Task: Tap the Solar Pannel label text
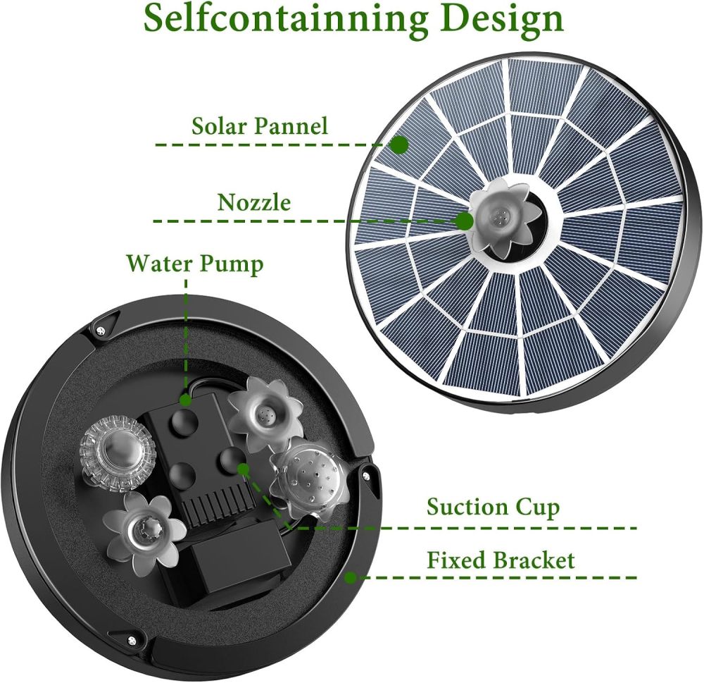tap(260, 126)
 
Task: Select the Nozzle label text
tap(254, 203)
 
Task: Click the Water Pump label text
tap(195, 264)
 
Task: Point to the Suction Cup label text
tap(494, 507)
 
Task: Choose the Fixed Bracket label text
tap(501, 560)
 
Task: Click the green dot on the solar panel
tap(400, 144)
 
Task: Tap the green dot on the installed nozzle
tap(464, 221)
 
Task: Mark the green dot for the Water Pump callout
tap(186, 400)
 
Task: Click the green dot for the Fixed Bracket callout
tap(350, 578)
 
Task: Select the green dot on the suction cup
tap(243, 468)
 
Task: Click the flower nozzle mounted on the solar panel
tap(501, 218)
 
